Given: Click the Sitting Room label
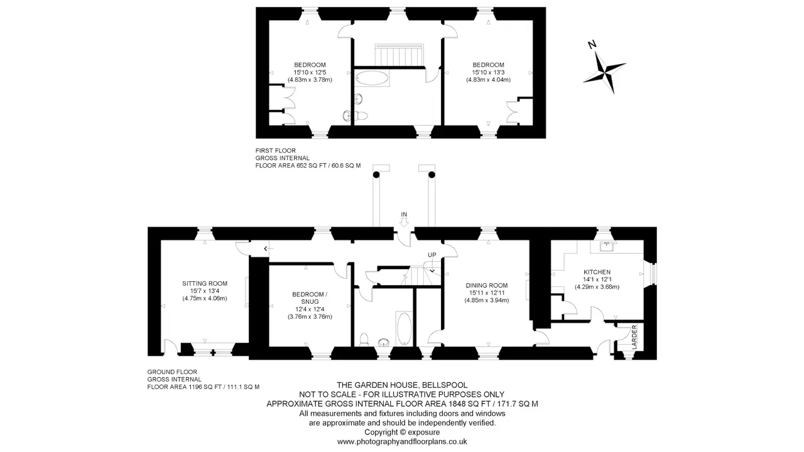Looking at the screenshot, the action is pyautogui.click(x=205, y=283).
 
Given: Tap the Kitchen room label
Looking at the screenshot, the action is pyautogui.click(x=597, y=272).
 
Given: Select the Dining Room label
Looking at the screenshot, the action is pyautogui.click(x=487, y=285).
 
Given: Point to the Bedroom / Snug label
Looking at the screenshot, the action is pyautogui.click(x=310, y=298).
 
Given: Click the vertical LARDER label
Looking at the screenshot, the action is pyautogui.click(x=634, y=337).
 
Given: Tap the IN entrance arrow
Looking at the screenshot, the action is pyautogui.click(x=404, y=222).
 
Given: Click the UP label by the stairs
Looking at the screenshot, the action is pyautogui.click(x=432, y=255).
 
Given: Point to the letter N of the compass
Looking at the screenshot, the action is pyautogui.click(x=592, y=45).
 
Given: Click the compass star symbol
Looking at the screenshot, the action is pyautogui.click(x=605, y=72).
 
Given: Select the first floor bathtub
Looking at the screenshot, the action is pyautogui.click(x=372, y=77).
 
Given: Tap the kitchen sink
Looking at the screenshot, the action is pyautogui.click(x=607, y=247).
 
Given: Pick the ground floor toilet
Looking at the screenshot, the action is pyautogui.click(x=364, y=340).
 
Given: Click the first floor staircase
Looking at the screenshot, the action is pyautogui.click(x=399, y=55).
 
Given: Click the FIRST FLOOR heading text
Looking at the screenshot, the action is pyautogui.click(x=276, y=150).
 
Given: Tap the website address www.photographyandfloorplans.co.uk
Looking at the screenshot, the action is pyautogui.click(x=402, y=441).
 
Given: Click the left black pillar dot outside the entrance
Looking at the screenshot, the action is pyautogui.click(x=376, y=175).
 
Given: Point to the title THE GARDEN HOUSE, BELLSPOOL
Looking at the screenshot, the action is pyautogui.click(x=402, y=385).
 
